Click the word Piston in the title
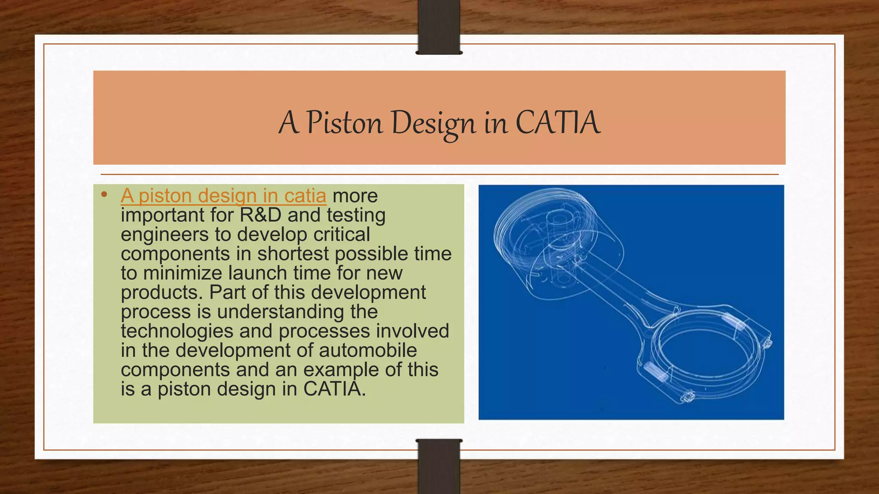pyautogui.click(x=344, y=123)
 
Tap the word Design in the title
pyautogui.click(x=433, y=123)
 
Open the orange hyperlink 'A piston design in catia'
pyautogui.click(x=223, y=196)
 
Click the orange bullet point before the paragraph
pyautogui.click(x=103, y=195)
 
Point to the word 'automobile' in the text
pyautogui.click(x=367, y=350)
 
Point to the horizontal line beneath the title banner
pyautogui.click(x=439, y=175)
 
